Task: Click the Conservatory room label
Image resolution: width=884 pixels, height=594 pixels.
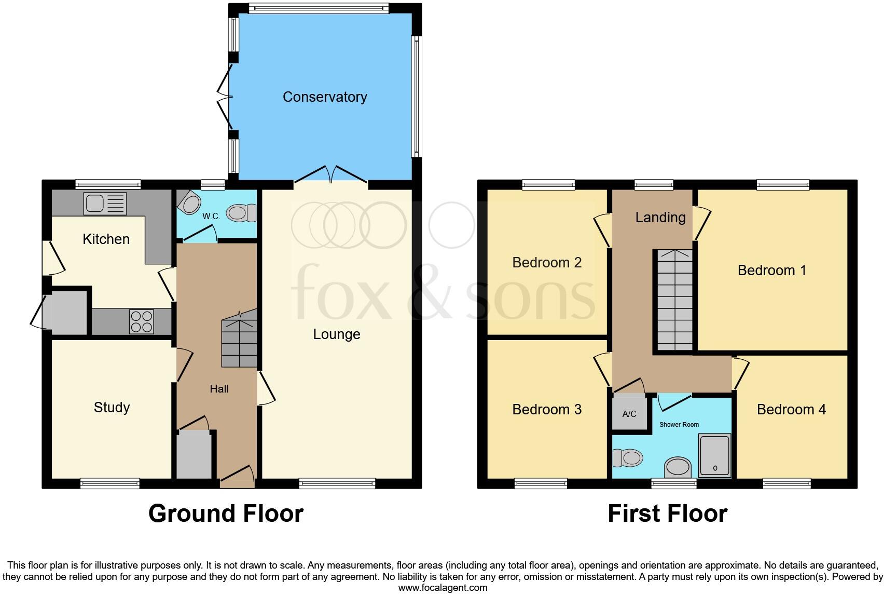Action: coord(325,97)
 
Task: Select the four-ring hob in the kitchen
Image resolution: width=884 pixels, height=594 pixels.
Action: coord(141,321)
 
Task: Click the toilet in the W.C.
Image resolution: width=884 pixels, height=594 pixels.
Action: coord(241,212)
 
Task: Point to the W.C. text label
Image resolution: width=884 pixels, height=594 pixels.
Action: coord(211,216)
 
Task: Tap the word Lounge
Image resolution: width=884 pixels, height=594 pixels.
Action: coord(336,334)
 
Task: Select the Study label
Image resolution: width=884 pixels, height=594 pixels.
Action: coord(112,408)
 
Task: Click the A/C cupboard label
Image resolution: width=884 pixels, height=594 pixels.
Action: coord(629,414)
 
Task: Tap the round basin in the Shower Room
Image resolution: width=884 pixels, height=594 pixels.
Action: coord(678,466)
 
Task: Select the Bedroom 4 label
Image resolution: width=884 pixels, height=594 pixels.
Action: coord(791,410)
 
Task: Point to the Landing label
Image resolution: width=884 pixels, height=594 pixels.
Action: coord(660,218)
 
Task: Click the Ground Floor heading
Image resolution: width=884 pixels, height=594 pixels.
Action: coord(226,514)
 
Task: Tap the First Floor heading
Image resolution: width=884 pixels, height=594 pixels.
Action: coord(667,514)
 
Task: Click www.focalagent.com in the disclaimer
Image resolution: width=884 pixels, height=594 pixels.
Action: coord(443,588)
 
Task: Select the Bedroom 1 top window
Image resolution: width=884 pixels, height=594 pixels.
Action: coord(783,184)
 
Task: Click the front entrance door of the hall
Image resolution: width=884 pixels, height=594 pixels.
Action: coord(237,476)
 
